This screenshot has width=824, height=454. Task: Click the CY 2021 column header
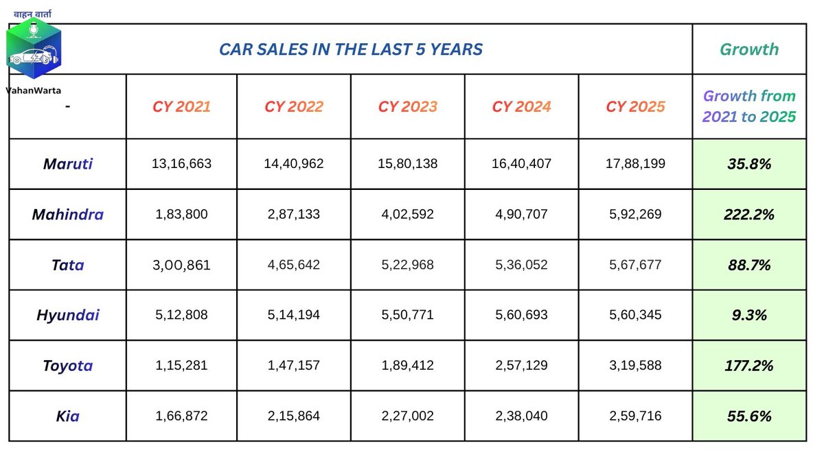[181, 107]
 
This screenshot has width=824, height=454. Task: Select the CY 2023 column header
[408, 107]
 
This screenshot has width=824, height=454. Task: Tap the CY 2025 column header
[635, 107]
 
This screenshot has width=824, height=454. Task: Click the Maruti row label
[68, 164]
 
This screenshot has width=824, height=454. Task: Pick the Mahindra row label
[68, 215]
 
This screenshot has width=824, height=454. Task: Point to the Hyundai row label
[68, 315]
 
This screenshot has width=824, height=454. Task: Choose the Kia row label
[68, 416]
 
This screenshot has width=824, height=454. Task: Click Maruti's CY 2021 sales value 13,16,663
[181, 163]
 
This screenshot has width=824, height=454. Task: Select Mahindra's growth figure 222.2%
[749, 215]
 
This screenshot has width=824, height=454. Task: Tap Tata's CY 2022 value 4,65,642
[294, 265]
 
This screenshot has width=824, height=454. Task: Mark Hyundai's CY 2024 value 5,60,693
[521, 315]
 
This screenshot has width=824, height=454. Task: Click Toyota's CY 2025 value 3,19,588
[635, 366]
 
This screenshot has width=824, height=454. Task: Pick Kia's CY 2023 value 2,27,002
[408, 416]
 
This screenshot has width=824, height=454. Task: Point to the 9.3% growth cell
[749, 315]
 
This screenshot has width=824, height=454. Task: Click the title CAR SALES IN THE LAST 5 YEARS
[351, 49]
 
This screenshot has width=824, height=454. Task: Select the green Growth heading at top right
[749, 49]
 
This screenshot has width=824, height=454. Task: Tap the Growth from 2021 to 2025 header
[749, 106]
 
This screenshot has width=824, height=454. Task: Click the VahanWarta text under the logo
[34, 91]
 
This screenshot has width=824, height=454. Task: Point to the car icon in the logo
[33, 56]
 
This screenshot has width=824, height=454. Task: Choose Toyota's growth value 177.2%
[749, 366]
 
